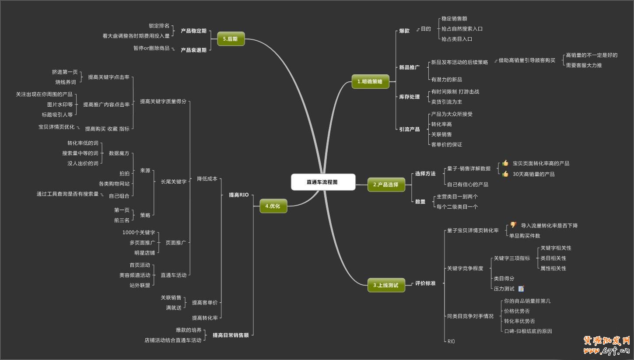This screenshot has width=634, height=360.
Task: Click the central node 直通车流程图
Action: (x=322, y=182)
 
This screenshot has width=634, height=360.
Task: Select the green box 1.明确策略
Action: (x=370, y=81)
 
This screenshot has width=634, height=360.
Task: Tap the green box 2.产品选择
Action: (x=386, y=185)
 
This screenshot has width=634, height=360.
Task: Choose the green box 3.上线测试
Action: (x=386, y=285)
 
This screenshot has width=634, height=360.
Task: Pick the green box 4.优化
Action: (x=273, y=206)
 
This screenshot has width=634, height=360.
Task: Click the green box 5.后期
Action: (x=231, y=38)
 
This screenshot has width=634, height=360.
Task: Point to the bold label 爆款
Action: (x=404, y=31)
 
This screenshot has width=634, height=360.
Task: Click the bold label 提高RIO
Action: (x=238, y=195)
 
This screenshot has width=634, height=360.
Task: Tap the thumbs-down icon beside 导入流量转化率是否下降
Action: (x=513, y=225)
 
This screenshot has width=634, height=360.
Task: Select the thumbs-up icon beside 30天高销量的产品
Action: (x=505, y=174)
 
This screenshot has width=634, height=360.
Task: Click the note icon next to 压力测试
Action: (x=521, y=289)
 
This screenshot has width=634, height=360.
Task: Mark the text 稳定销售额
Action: (x=454, y=19)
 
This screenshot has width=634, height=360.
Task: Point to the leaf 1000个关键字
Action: (x=139, y=232)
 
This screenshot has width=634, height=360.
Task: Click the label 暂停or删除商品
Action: (x=151, y=48)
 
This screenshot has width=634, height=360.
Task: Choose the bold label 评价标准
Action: (x=425, y=283)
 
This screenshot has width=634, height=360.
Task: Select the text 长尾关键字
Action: (x=174, y=182)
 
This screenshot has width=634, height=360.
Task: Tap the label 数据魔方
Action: (x=119, y=153)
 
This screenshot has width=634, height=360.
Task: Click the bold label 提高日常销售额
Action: (x=231, y=335)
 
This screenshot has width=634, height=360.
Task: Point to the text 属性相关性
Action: (x=553, y=268)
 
